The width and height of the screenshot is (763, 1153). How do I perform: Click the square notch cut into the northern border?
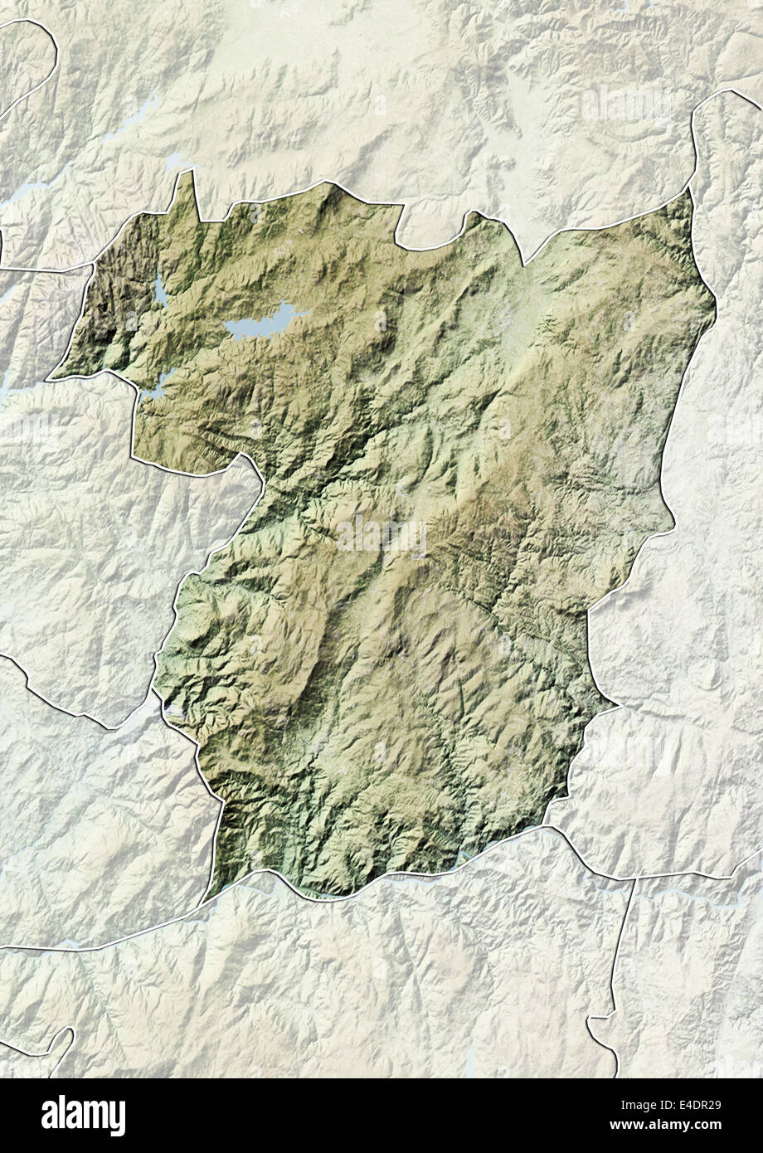click(431, 228)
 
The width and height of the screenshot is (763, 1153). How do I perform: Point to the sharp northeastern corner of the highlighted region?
click(688, 192)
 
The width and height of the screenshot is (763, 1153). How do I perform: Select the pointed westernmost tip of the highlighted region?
click(51, 378)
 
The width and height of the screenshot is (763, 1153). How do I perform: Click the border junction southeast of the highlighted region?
click(634, 878)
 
